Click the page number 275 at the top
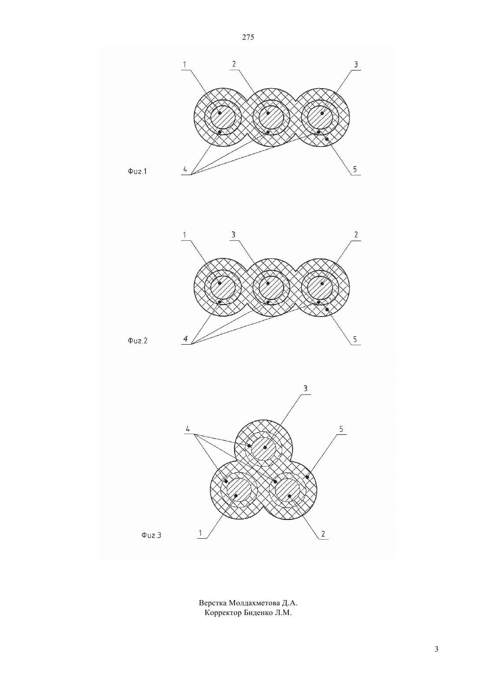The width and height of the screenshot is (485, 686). tap(248, 37)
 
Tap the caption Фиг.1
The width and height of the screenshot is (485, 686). tap(137, 171)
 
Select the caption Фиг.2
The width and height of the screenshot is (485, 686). tap(138, 340)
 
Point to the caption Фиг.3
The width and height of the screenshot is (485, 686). tap(151, 535)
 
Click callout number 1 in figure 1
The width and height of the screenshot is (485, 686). tap(185, 65)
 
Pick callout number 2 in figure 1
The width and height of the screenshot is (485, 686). tap(234, 64)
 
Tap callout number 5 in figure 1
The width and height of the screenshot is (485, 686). tap(355, 169)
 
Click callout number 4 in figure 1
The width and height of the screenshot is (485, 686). tap(185, 169)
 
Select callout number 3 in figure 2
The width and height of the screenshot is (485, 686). tap(234, 235)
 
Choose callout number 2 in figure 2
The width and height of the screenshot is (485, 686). tap(356, 235)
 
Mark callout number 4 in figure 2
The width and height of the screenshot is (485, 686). tap(185, 339)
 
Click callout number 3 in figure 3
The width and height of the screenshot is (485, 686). tap(305, 389)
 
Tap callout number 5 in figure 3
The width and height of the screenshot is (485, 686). tap(341, 429)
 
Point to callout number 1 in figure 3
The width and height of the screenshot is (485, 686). tap(201, 533)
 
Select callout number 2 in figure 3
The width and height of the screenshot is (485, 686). tap(323, 534)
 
